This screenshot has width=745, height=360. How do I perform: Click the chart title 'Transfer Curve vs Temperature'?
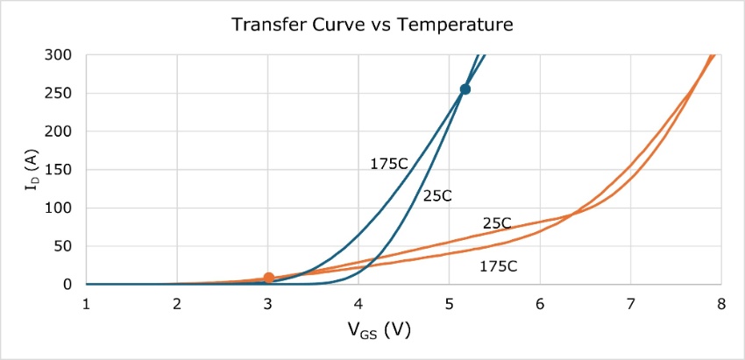372,25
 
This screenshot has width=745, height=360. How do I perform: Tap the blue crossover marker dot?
465,89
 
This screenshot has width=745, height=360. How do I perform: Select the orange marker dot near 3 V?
268,278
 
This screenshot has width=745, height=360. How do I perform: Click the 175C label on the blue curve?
388,163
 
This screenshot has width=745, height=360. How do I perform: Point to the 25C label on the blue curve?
436,196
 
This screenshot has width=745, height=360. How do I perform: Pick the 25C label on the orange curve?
496,223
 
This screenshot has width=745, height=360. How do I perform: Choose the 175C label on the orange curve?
499,266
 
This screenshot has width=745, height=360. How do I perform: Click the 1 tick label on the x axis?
87,303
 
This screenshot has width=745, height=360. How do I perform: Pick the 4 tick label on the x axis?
358,303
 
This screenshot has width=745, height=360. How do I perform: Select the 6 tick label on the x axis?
540,303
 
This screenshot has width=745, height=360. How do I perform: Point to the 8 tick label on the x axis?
720,303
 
